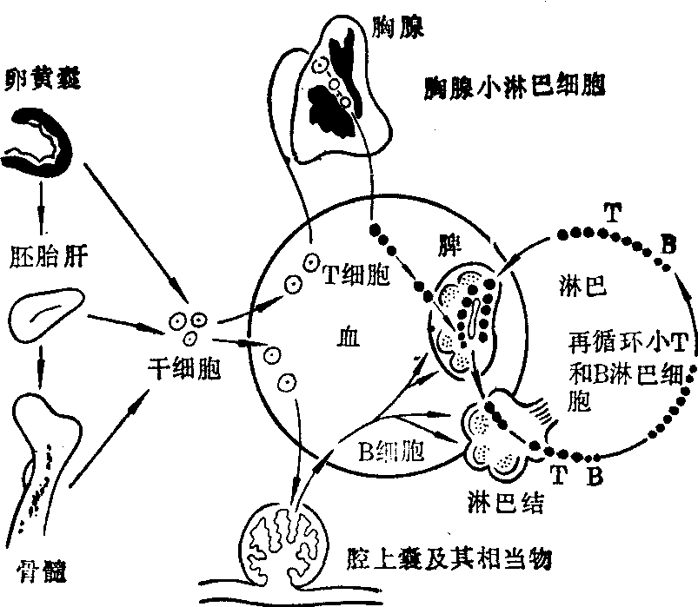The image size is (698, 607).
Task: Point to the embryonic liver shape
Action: (x=49, y=309)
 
